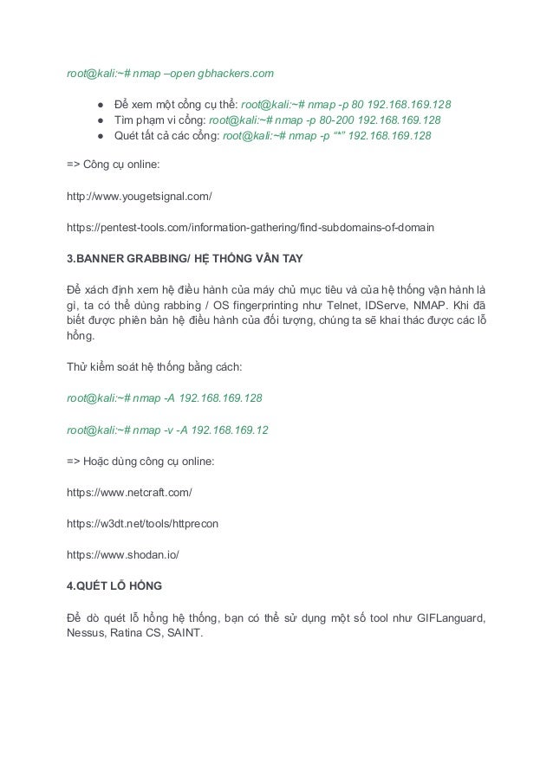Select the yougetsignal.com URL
[140, 197]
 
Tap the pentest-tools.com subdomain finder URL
[250, 228]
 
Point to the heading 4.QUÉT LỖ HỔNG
[114, 586]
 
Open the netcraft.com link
[129, 493]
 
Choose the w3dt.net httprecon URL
[143, 524]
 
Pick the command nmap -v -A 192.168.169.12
[167, 429]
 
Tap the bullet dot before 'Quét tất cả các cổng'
[101, 136]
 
